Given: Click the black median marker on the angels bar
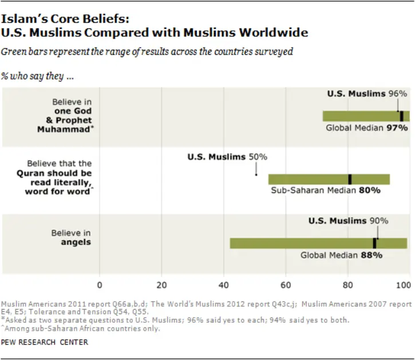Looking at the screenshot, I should [x=374, y=243].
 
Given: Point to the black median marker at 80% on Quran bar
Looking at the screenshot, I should [x=350, y=179].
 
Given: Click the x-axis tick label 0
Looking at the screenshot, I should [x=100, y=284].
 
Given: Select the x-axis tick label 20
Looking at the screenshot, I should [x=161, y=284].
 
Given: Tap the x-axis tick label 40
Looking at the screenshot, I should [x=223, y=284].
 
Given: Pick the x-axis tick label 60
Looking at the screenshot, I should [x=285, y=284].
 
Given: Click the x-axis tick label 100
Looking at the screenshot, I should [x=405, y=284].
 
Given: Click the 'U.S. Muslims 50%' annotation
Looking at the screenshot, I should [x=227, y=157].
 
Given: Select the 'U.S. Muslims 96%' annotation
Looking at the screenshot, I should [x=367, y=93].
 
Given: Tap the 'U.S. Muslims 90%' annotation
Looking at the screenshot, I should [x=348, y=221].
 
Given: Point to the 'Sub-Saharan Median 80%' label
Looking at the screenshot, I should [x=325, y=190].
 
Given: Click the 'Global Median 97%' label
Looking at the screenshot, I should [x=367, y=128].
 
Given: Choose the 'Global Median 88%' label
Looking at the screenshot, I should [x=341, y=255].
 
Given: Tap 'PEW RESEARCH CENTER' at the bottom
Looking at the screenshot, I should [x=45, y=343].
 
